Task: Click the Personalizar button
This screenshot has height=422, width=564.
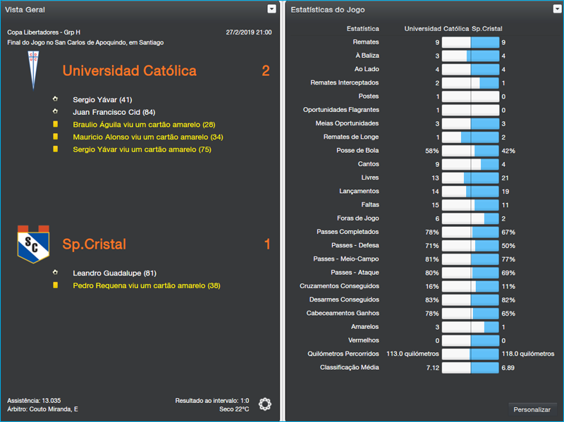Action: click(532, 409)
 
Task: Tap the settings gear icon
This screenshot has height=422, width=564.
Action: click(264, 404)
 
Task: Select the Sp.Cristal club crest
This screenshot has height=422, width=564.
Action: click(32, 244)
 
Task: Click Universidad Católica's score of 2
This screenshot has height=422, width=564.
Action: click(265, 71)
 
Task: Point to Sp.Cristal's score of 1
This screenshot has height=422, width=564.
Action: click(266, 244)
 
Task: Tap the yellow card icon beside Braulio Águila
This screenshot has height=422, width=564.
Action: click(55, 125)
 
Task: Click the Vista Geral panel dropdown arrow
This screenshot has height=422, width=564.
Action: click(272, 9)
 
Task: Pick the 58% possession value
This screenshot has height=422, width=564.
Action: click(431, 151)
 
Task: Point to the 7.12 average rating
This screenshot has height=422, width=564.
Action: click(432, 368)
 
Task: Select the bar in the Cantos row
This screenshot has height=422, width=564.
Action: click(470, 164)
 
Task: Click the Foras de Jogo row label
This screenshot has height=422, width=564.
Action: click(358, 218)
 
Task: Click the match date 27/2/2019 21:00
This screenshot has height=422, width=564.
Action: click(248, 32)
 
